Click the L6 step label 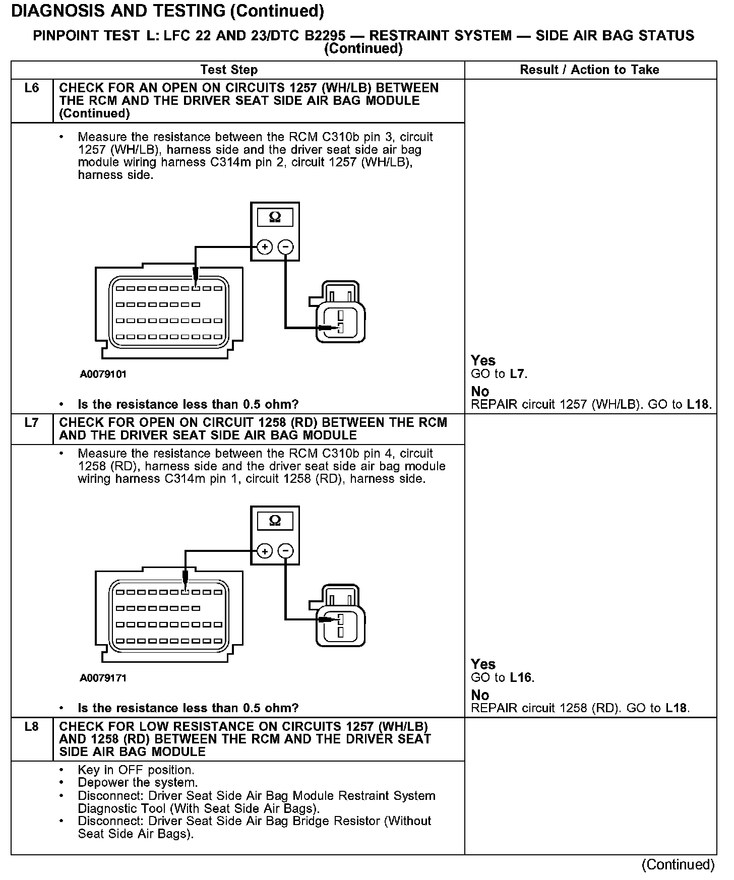[x=31, y=88]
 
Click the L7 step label [x=31, y=422]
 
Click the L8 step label [x=31, y=727]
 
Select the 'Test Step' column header [x=229, y=70]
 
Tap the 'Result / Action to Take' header [x=589, y=70]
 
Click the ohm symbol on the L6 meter [x=275, y=217]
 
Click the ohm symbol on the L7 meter [x=275, y=521]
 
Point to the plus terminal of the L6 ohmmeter [x=265, y=247]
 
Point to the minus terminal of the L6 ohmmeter [x=285, y=247]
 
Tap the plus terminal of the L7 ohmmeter [x=265, y=551]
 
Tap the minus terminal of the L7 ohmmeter [x=285, y=551]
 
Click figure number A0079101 [x=103, y=374]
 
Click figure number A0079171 [x=103, y=678]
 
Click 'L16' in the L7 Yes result [x=521, y=677]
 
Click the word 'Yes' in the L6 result [x=483, y=360]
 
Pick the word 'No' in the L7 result [x=480, y=695]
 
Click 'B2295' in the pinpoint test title [x=319, y=36]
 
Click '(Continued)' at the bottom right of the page [x=678, y=864]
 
